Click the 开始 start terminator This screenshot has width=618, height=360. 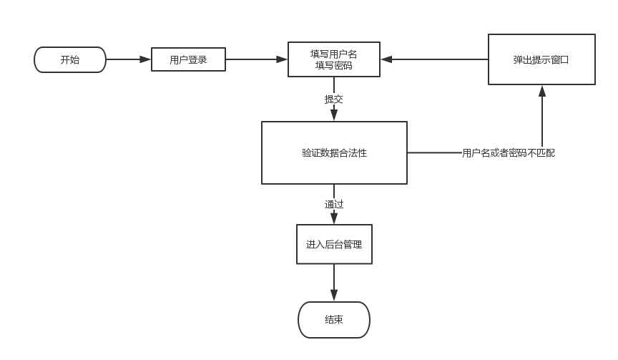70,60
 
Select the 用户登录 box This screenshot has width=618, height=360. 188,60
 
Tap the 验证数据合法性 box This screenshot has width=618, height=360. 334,152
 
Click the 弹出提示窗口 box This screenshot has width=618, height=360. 541,59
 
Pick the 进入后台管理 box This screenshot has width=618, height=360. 334,245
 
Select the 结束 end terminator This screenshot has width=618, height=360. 334,320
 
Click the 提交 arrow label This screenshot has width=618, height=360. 334,99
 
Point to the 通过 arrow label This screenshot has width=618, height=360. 334,205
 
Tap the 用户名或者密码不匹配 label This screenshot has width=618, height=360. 509,153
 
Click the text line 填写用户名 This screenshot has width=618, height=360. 334,54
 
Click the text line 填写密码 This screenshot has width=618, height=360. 334,66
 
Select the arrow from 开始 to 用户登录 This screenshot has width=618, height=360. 129,59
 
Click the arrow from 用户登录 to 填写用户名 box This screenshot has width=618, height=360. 256,59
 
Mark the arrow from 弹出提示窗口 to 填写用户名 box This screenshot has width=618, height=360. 435,59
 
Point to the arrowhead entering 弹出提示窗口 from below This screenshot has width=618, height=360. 542,91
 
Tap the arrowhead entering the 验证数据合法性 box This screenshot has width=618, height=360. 334,116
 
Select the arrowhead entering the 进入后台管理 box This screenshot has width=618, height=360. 334,219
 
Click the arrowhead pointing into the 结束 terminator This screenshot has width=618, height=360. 334,296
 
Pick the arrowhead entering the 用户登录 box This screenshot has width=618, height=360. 146,59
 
